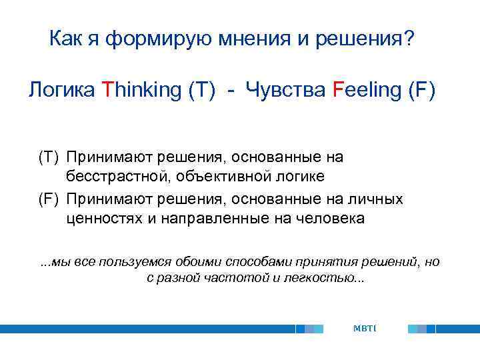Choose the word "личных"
tap(379, 199)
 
